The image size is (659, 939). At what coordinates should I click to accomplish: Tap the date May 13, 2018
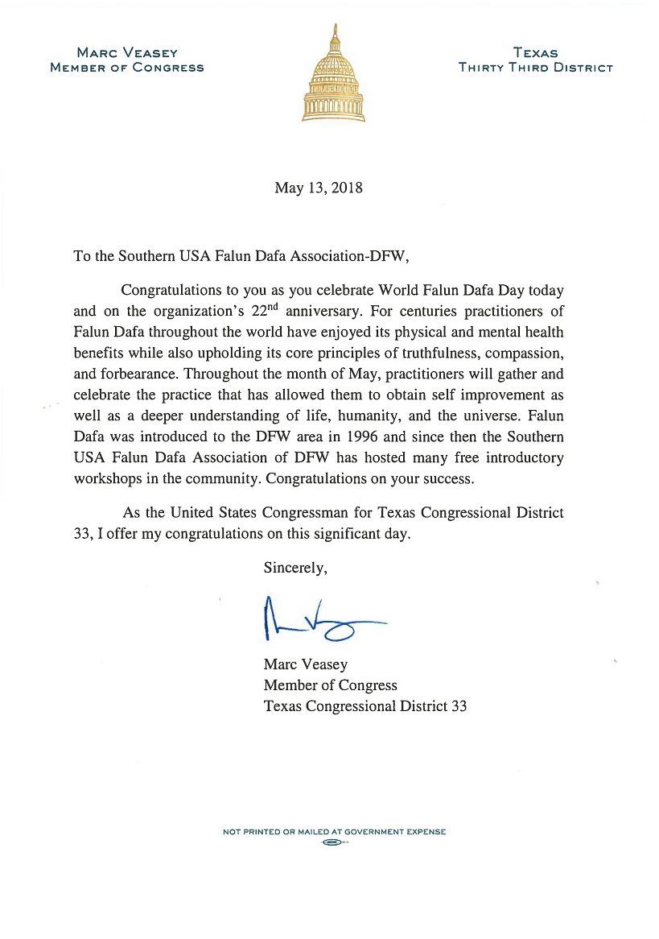(x=319, y=188)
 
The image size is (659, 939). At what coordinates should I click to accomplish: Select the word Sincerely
(x=295, y=568)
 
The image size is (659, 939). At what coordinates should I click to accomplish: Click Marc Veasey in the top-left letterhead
(x=127, y=53)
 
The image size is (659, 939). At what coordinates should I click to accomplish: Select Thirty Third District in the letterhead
(x=535, y=68)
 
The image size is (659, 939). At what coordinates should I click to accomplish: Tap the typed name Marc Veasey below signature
(x=305, y=664)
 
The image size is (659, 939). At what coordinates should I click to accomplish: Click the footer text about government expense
(x=334, y=832)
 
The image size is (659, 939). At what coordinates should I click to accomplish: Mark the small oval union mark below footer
(x=332, y=842)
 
